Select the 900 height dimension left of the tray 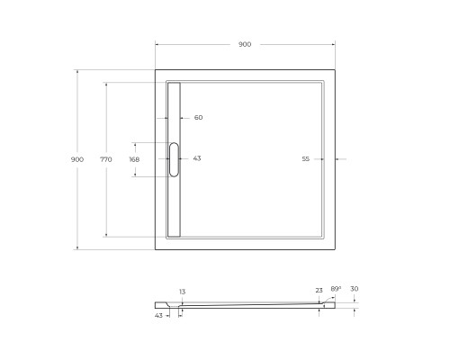click(77, 158)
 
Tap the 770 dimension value click(106, 158)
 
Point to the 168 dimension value click(134, 158)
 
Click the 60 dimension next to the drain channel click(198, 117)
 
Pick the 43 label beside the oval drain click(197, 158)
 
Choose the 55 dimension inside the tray click(305, 158)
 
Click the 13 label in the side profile click(183, 292)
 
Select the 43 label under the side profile click(158, 315)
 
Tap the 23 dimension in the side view click(319, 290)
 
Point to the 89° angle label click(336, 290)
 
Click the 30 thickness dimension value click(354, 289)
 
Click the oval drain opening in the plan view click(175, 158)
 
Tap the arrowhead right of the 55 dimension click(337, 158)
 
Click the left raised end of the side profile click(161, 303)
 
